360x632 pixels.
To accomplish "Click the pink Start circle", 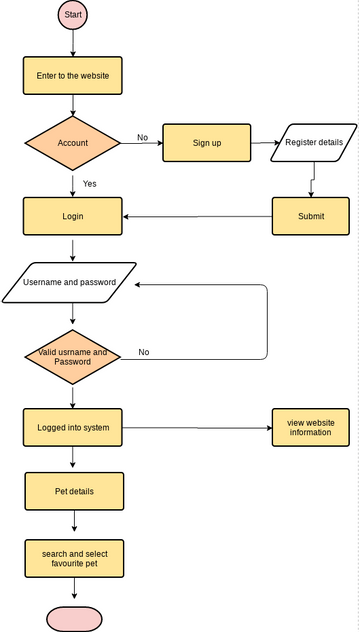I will click(73, 16).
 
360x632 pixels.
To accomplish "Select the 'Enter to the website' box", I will click(73, 75).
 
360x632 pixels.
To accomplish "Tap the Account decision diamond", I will click(73, 143).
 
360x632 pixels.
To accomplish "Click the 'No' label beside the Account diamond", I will click(142, 137).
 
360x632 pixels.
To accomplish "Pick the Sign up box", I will click(206, 143).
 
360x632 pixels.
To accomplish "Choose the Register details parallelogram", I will click(313, 143).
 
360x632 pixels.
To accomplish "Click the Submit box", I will click(310, 216).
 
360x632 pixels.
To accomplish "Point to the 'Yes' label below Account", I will click(90, 184).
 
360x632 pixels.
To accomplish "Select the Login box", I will click(73, 216).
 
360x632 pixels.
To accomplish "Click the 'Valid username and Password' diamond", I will click(73, 356).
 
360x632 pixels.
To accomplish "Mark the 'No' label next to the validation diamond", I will click(144, 352).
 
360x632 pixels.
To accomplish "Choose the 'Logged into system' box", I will click(73, 428).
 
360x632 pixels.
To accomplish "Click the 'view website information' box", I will click(310, 428).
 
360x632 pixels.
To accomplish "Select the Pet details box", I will click(73, 492).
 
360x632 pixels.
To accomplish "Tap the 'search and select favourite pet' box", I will click(73, 559).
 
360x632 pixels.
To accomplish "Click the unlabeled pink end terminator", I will click(73, 618).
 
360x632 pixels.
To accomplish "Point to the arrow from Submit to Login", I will click(197, 216).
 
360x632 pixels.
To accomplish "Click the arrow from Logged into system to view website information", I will click(197, 429).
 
